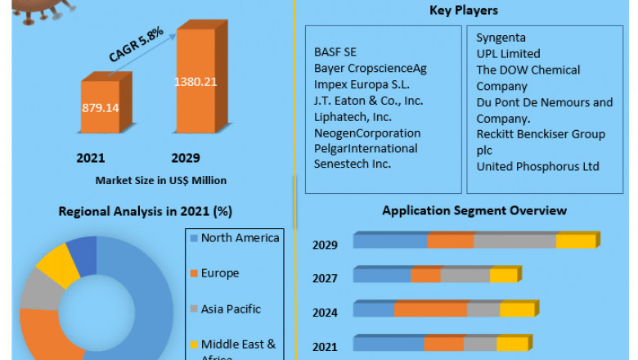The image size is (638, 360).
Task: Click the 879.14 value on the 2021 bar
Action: pyautogui.click(x=99, y=107)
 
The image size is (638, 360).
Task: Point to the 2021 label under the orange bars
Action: pyautogui.click(x=91, y=158)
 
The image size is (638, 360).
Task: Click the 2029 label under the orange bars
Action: pyautogui.click(x=185, y=158)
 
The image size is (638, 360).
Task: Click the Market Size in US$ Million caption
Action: pyautogui.click(x=161, y=180)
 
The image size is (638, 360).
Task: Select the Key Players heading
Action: pyautogui.click(x=464, y=11)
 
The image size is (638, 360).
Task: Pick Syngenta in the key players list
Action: pyautogui.click(x=501, y=38)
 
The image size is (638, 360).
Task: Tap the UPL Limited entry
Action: pyautogui.click(x=508, y=54)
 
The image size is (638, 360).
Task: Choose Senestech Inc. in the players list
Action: pyautogui.click(x=353, y=164)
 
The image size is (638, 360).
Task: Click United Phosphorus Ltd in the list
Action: pyautogui.click(x=538, y=166)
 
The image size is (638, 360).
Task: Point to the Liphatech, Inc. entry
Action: pyautogui.click(x=353, y=117)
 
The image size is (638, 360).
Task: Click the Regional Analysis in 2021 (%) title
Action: pyautogui.click(x=146, y=211)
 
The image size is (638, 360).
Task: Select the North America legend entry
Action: pyautogui.click(x=240, y=238)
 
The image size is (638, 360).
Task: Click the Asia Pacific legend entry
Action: pyautogui.click(x=231, y=309)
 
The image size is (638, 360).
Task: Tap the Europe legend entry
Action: pyautogui.click(x=220, y=273)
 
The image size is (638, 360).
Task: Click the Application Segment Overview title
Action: pyautogui.click(x=474, y=210)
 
